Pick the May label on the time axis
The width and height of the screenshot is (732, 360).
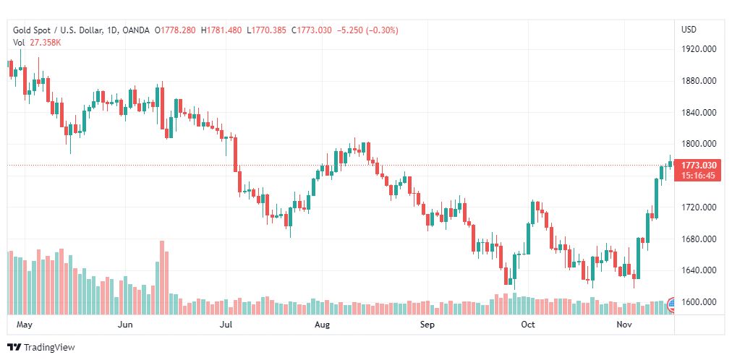point(25,325)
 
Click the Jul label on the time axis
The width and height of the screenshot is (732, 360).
point(226,325)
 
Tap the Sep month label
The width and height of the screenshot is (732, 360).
point(427,325)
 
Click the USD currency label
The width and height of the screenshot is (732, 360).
point(689,30)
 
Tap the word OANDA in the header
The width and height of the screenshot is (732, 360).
point(137,30)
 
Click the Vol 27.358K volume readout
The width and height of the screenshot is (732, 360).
point(37,43)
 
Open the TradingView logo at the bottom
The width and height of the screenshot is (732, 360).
point(41,348)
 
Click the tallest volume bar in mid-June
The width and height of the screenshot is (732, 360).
point(162,278)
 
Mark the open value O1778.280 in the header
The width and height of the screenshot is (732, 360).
point(175,30)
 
